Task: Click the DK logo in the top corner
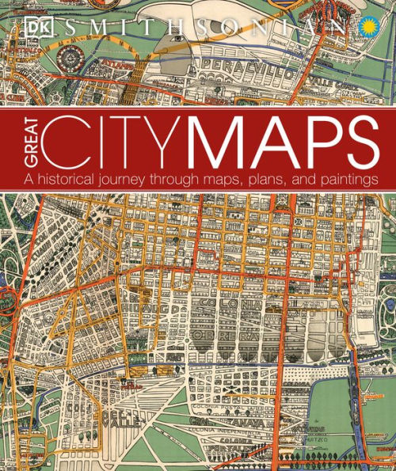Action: (x=30, y=23)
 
